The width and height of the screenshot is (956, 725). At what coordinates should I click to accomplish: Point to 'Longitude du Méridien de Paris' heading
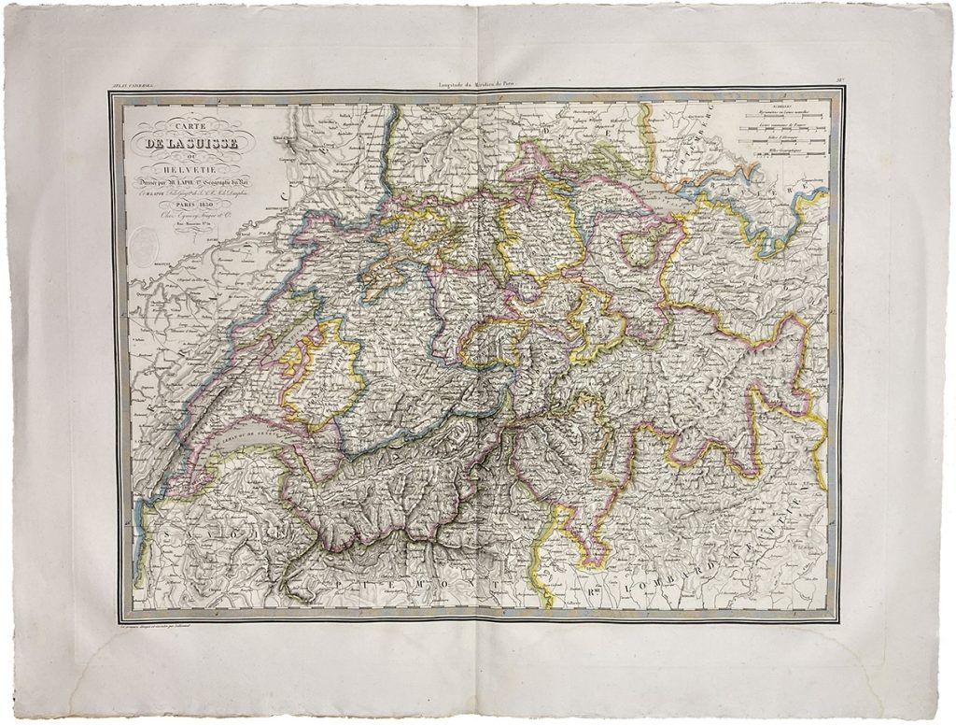tap(478, 86)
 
